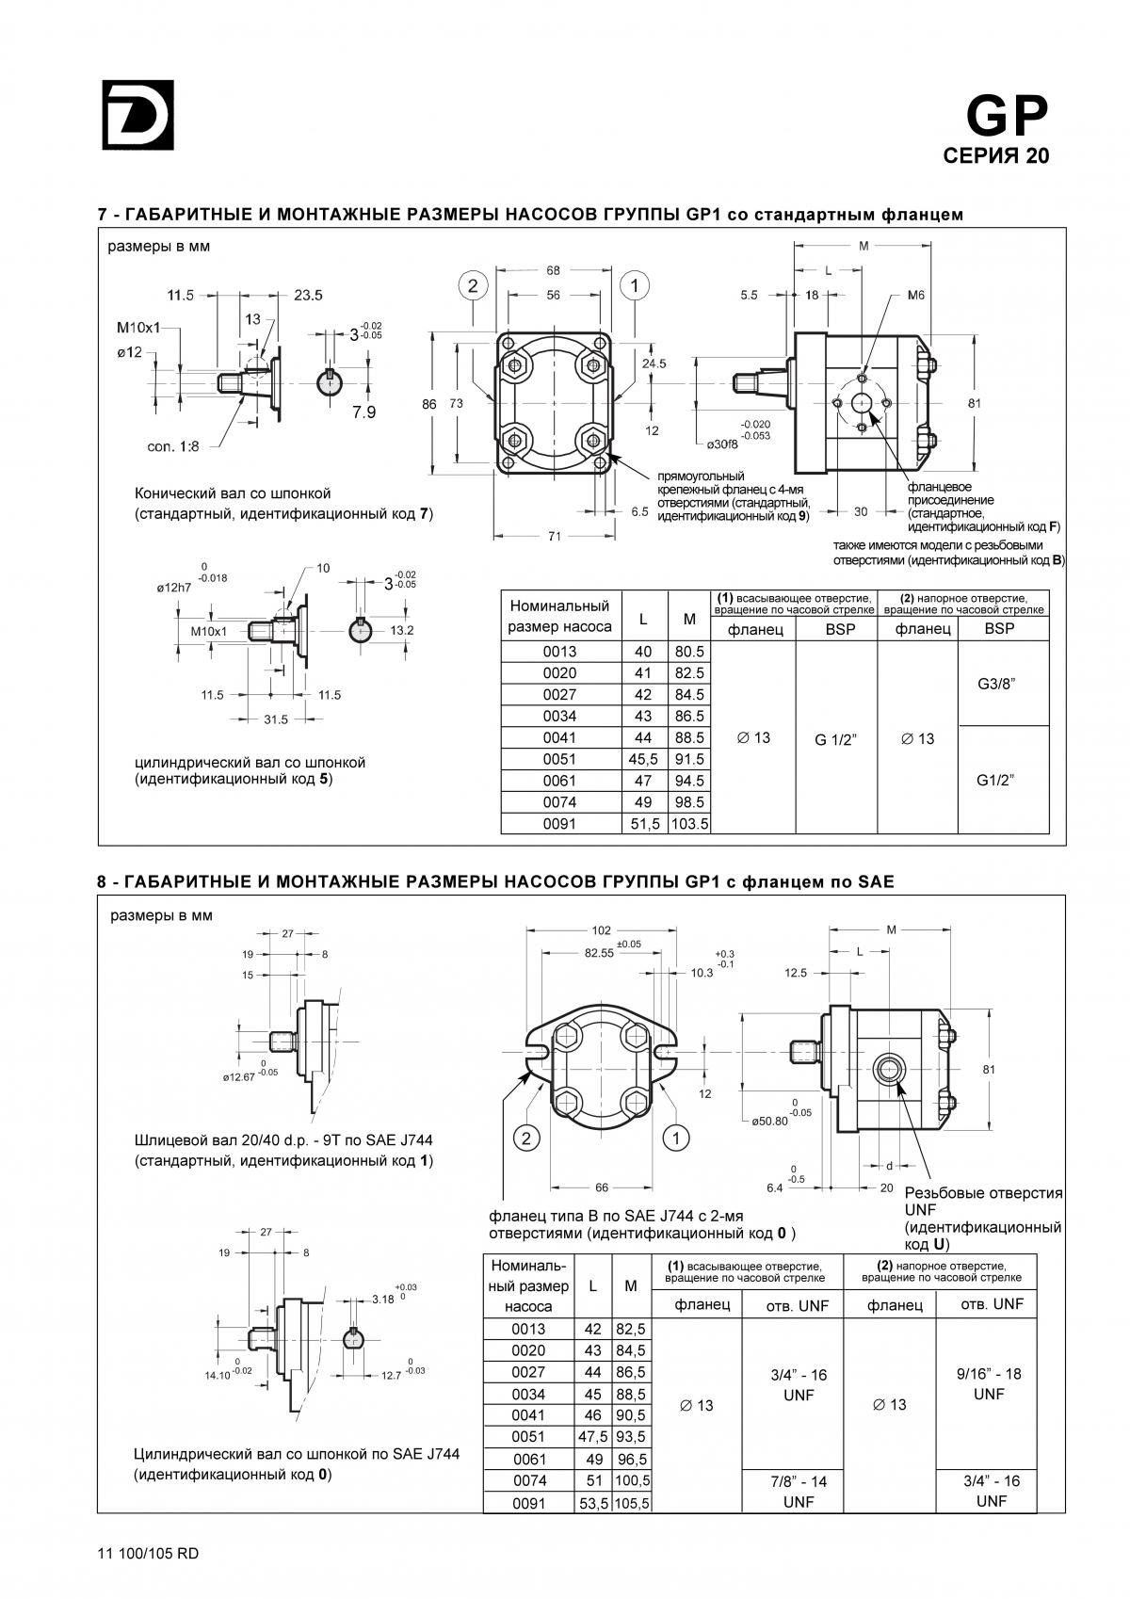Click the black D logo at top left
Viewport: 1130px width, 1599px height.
[x=137, y=114]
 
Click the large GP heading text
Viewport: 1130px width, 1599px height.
[x=1007, y=116]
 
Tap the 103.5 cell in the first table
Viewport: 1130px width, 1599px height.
[x=689, y=824]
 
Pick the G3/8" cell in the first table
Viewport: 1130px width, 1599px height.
[x=996, y=684]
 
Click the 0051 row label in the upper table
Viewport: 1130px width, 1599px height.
[x=559, y=759]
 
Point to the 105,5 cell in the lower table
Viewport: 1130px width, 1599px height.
[x=631, y=1503]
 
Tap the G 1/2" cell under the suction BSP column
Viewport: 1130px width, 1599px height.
[x=835, y=740]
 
